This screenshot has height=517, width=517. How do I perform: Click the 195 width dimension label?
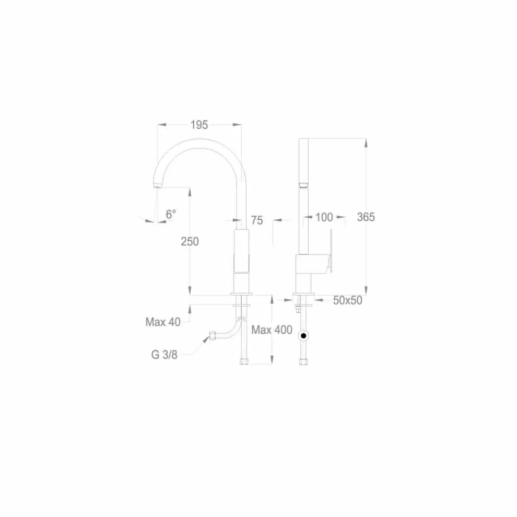199,125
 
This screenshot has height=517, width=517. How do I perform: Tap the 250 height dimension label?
190,241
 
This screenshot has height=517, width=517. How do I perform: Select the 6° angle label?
170,214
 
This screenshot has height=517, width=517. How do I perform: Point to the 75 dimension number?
257,220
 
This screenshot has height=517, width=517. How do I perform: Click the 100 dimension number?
324,217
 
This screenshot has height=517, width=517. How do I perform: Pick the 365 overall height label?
366,217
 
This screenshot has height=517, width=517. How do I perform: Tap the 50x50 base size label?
347,300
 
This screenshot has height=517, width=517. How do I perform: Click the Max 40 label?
163,322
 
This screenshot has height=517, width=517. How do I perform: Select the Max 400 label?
272,330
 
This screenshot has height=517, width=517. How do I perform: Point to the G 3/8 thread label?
164,355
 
